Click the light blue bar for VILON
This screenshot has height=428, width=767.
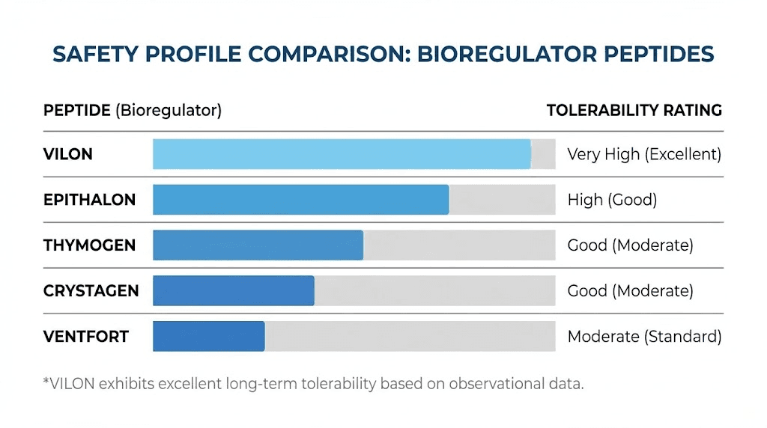[342, 154]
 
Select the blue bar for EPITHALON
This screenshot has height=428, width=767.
[300, 200]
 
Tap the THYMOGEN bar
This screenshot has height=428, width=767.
[258, 245]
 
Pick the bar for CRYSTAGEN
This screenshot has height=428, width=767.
[233, 291]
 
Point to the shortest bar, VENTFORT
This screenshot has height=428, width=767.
[208, 337]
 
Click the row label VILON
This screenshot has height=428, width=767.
[68, 155]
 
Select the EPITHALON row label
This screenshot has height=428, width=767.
[89, 200]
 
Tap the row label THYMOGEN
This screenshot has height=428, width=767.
[89, 245]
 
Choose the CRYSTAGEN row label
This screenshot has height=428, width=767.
[91, 291]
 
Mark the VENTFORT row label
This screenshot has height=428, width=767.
[85, 337]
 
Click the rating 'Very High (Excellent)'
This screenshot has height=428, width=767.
[644, 155]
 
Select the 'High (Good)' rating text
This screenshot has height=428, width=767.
[612, 200]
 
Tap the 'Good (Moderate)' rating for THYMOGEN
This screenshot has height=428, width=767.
[630, 245]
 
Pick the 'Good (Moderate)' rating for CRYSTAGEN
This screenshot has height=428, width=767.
[630, 291]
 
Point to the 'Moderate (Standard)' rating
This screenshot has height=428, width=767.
[644, 337]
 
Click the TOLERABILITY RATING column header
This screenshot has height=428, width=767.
[634, 111]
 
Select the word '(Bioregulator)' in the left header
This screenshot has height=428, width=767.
[168, 111]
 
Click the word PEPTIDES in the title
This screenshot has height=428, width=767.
[656, 55]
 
